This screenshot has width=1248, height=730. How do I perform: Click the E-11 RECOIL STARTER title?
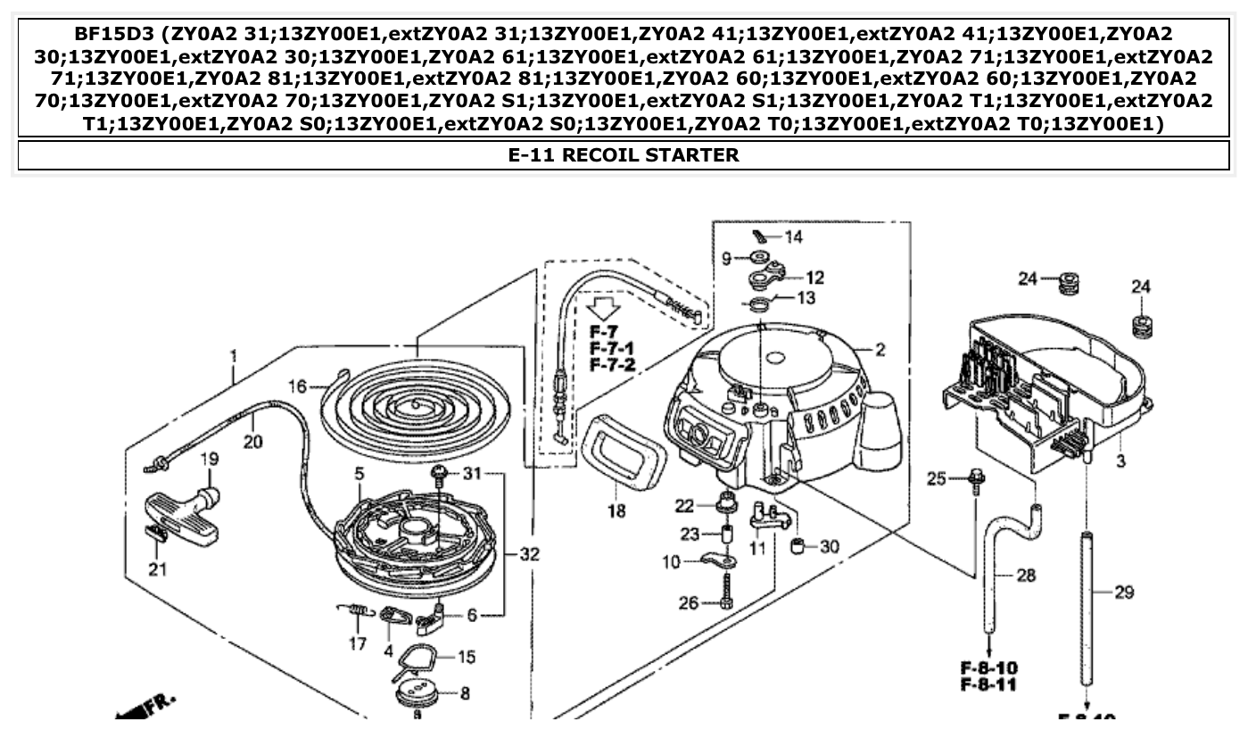[624, 154]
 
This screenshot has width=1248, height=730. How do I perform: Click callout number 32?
[530, 554]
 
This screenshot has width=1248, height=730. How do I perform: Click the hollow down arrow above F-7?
[605, 310]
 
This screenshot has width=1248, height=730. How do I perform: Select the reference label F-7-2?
[611, 365]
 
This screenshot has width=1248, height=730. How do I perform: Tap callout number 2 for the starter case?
[880, 350]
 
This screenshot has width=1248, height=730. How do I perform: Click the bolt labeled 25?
[977, 479]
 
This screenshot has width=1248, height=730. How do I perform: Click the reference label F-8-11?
[988, 685]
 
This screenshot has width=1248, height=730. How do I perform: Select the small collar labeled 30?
[799, 545]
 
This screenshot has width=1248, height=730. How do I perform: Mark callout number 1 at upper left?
[233, 356]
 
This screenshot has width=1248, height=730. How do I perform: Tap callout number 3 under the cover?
[1120, 461]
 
